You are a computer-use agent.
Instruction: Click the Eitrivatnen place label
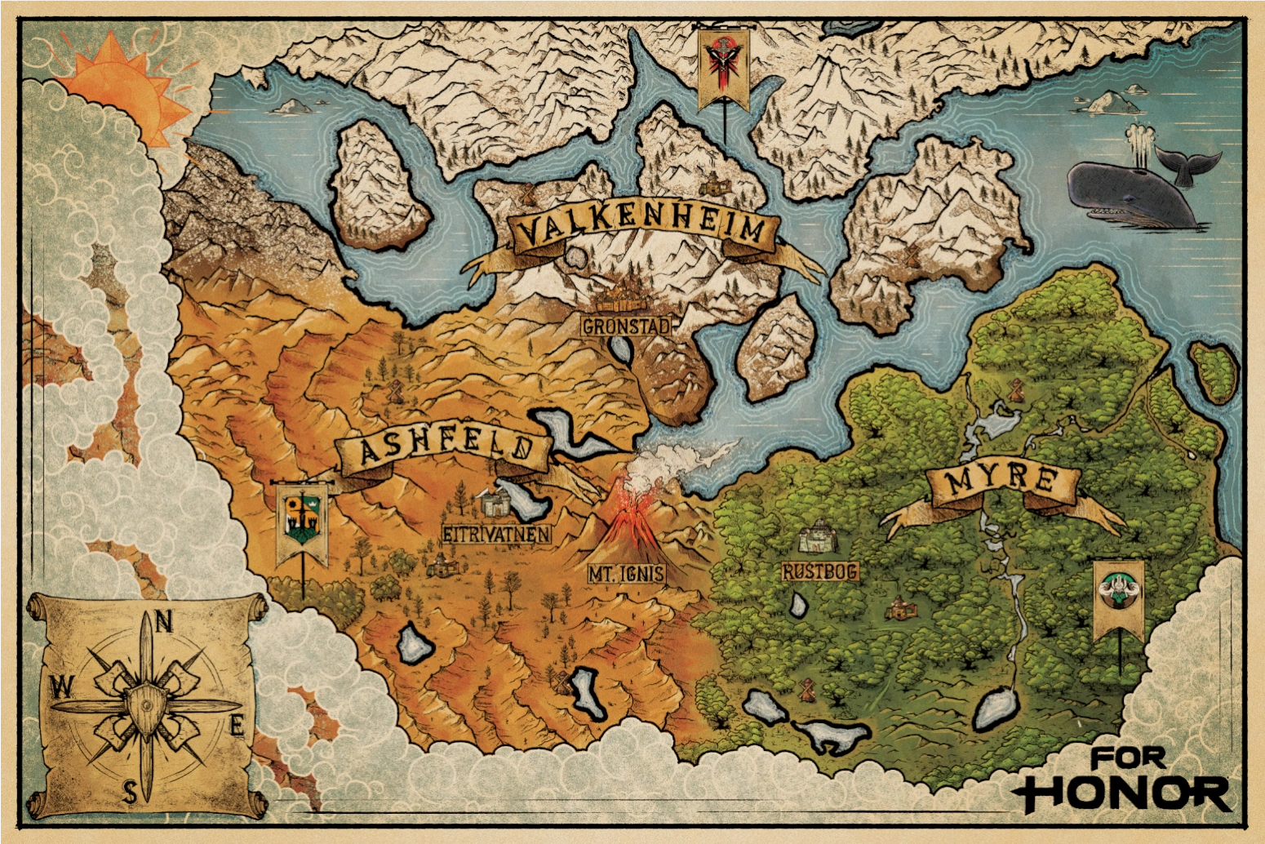tap(496, 535)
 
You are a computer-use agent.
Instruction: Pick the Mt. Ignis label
tap(626, 574)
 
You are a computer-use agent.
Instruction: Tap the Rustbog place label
tap(820, 571)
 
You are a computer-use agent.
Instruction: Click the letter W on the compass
tap(60, 688)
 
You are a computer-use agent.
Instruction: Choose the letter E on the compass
tap(237, 725)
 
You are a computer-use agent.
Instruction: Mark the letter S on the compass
tap(130, 791)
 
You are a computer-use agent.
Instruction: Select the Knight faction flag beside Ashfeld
tap(302, 522)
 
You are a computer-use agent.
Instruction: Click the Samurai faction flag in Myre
tap(1118, 596)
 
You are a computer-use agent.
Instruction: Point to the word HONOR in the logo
tap(1126, 792)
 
